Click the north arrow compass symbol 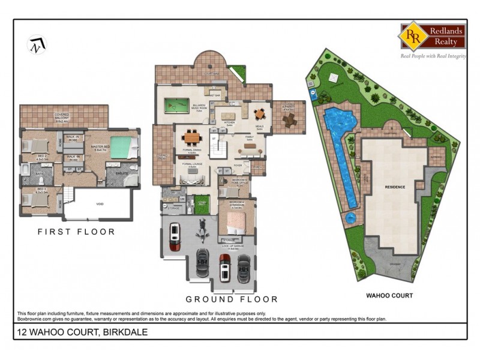37,44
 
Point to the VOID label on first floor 100,203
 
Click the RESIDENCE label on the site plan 395,187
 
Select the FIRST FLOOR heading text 76,231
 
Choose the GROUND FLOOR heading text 232,299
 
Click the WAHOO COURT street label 389,295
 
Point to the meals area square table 259,113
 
